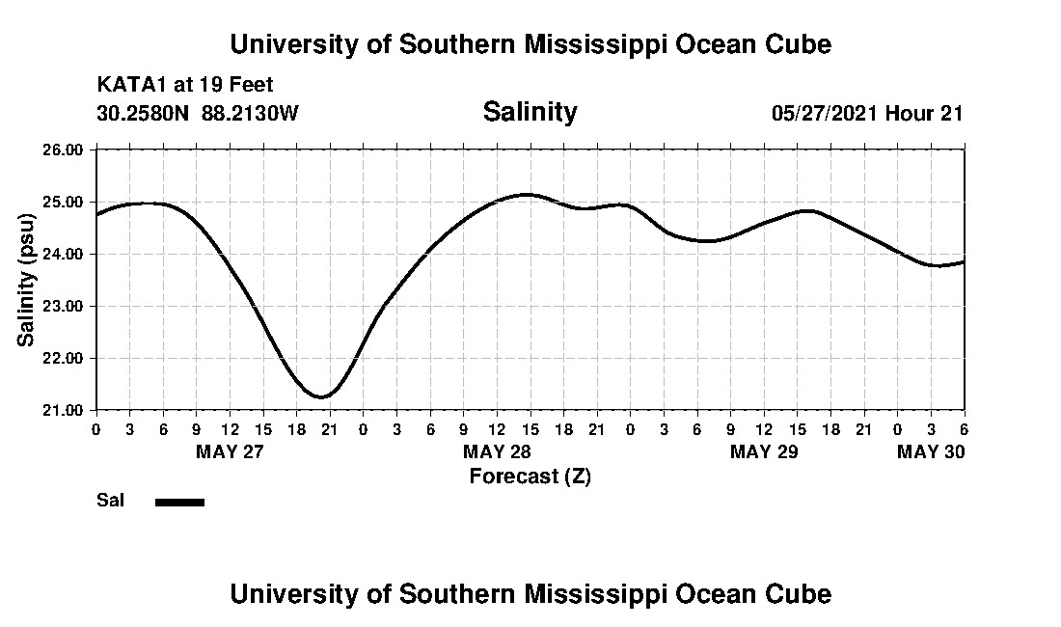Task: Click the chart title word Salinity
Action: coord(530,112)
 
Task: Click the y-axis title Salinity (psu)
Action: coord(27,280)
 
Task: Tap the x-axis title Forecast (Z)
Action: coord(530,476)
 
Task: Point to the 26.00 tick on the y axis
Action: coord(64,150)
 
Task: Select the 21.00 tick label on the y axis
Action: coord(64,410)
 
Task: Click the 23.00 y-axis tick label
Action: coord(64,306)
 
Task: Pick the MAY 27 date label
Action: coord(230,451)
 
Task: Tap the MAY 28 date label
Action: coord(497,451)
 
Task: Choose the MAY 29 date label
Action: coord(764,451)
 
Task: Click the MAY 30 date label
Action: coord(930,451)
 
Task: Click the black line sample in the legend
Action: coord(179,502)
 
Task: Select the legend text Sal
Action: coord(107,501)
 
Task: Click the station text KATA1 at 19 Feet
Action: coord(185,85)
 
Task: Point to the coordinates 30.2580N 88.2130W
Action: coord(198,113)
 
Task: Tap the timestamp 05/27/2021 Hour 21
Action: coord(867,113)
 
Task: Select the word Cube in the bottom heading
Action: coord(801,593)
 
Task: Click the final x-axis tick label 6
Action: coord(964,428)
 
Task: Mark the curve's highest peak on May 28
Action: coord(526,194)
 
